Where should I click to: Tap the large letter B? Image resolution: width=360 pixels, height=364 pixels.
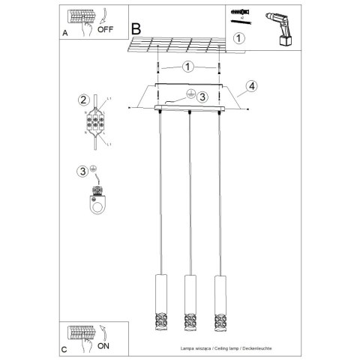pos(136,28)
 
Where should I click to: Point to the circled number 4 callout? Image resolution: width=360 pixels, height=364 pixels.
pos(252,87)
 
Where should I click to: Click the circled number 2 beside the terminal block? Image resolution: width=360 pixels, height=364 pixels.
pos(83,100)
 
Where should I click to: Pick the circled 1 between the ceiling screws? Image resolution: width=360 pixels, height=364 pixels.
pos(187,66)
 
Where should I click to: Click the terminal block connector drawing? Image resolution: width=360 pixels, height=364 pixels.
pos(97,122)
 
